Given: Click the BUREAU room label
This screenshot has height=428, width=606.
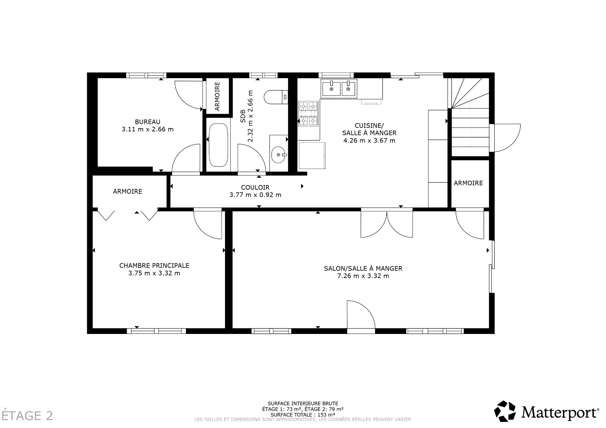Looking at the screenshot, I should click(147, 122).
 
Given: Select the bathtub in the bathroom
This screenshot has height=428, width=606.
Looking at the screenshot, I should click(218, 145).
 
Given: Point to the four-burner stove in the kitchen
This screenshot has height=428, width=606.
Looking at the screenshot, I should click(308, 114).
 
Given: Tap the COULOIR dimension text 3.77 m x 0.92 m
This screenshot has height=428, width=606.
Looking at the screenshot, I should click(255, 195).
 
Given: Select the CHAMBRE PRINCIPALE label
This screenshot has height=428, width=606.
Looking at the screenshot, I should click(154, 266).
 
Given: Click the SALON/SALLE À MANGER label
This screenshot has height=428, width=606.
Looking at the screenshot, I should click(363, 268).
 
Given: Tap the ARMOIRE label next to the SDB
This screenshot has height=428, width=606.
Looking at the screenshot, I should click(217, 96).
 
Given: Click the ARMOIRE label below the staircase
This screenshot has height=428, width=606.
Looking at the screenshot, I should click(468, 183).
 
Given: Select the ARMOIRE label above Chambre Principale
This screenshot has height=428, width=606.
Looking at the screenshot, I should click(128, 191).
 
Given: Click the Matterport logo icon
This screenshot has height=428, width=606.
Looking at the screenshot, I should click(505, 411).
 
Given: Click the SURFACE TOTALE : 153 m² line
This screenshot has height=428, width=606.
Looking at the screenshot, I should click(303, 414).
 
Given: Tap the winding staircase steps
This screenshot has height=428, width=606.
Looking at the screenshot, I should click(470, 120).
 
